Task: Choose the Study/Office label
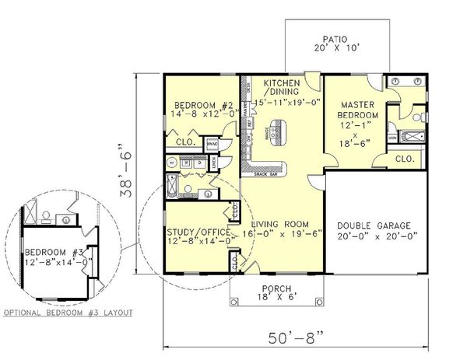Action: pyautogui.click(x=198, y=231)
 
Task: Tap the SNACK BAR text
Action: pyautogui.click(x=256, y=173)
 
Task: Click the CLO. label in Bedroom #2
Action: pyautogui.click(x=185, y=142)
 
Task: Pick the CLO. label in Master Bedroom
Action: pyautogui.click(x=405, y=158)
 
